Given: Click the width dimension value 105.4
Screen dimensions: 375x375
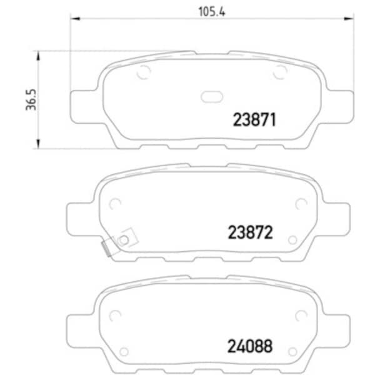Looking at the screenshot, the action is pyautogui.click(x=212, y=12).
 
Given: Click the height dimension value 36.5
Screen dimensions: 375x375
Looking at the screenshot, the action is pyautogui.click(x=31, y=100).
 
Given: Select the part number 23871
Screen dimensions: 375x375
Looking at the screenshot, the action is pyautogui.click(x=254, y=119).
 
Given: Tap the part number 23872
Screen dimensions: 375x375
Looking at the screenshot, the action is pyautogui.click(x=251, y=232).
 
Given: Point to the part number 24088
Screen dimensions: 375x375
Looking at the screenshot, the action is pyautogui.click(x=250, y=346).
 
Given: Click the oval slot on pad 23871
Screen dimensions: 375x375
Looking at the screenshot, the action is pyautogui.click(x=212, y=97).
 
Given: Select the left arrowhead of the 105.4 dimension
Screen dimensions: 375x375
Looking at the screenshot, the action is pyautogui.click(x=75, y=18).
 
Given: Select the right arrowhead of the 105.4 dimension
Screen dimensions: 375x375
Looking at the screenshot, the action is pyautogui.click(x=349, y=18).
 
